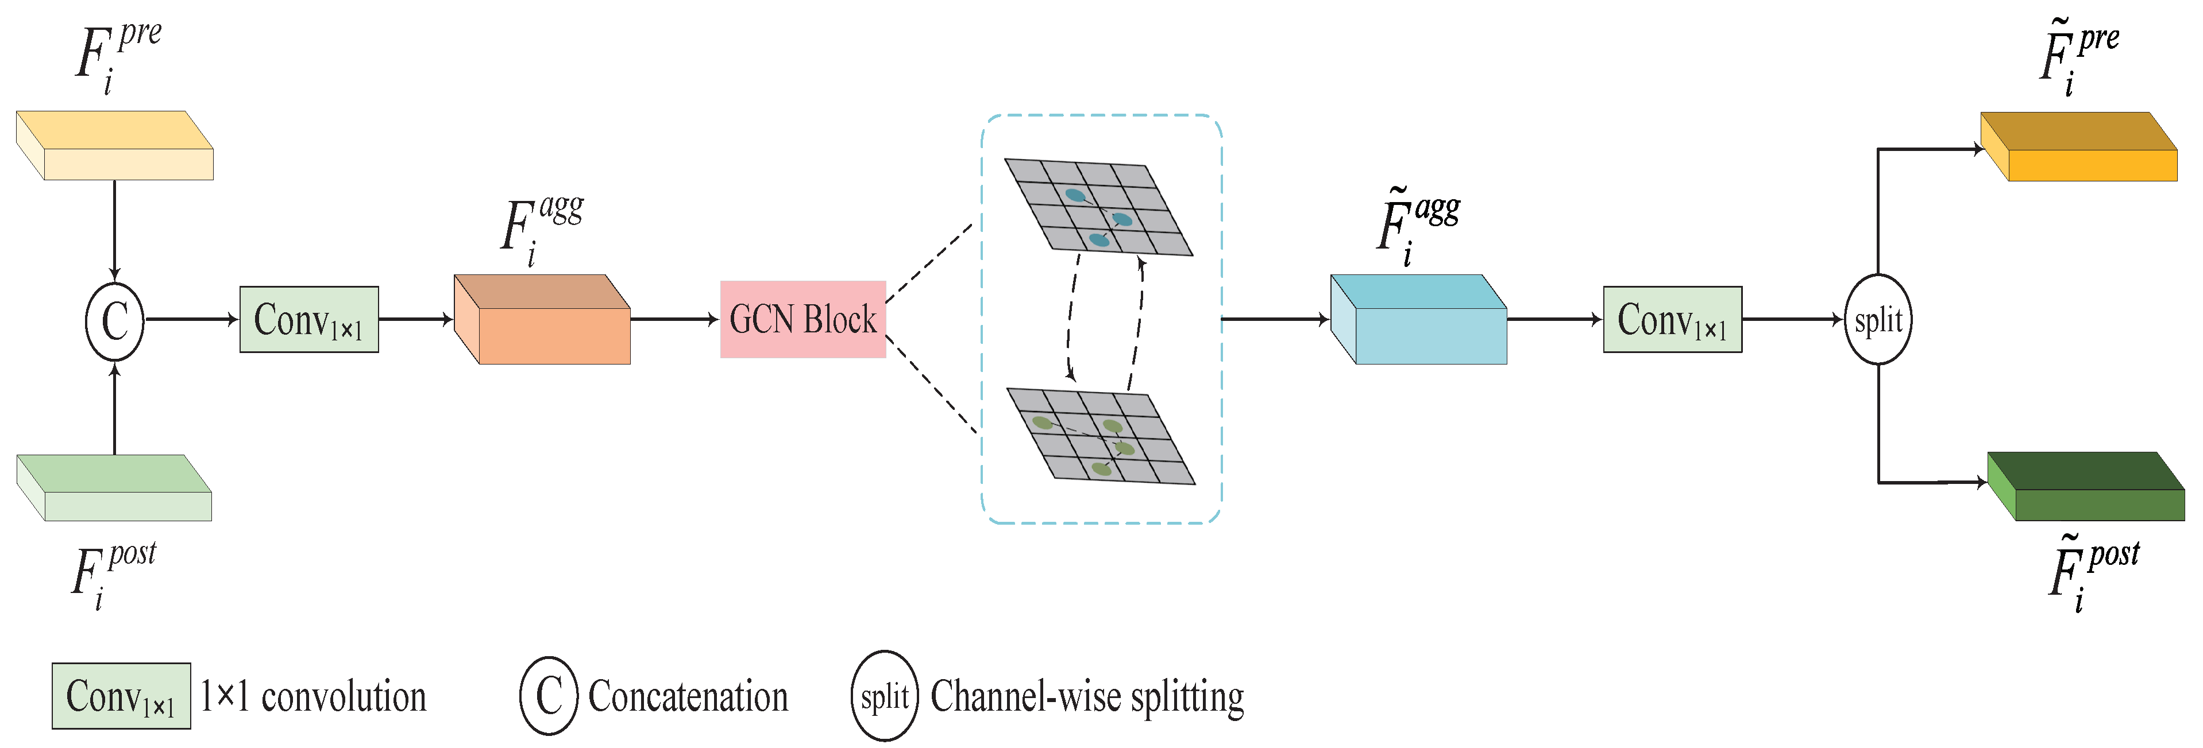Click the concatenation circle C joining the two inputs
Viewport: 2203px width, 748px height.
(x=114, y=320)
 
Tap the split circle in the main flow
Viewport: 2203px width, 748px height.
(x=1877, y=320)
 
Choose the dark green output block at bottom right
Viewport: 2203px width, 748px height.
(x=2087, y=487)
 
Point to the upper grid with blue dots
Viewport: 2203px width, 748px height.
(x=1098, y=206)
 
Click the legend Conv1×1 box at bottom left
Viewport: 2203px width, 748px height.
(x=121, y=696)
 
